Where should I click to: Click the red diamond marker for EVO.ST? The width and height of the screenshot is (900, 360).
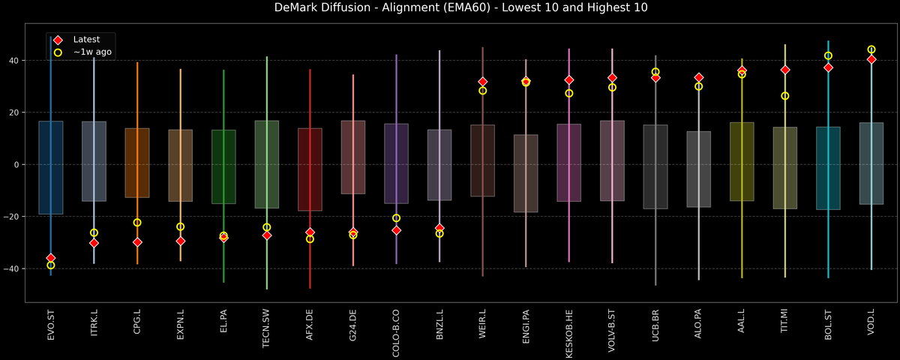click(x=51, y=258)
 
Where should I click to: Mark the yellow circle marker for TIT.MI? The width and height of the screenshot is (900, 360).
click(x=785, y=96)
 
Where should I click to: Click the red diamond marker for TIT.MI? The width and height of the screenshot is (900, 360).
click(x=785, y=70)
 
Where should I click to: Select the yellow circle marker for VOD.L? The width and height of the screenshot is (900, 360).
click(x=871, y=49)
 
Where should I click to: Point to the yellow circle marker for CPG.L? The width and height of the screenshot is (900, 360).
click(x=137, y=223)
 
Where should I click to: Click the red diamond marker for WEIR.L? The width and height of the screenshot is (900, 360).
click(x=483, y=82)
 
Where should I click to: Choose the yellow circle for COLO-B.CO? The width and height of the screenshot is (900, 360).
click(x=396, y=218)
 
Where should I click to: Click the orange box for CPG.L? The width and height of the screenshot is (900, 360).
click(x=137, y=163)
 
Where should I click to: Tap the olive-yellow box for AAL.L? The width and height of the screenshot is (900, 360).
click(x=742, y=161)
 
